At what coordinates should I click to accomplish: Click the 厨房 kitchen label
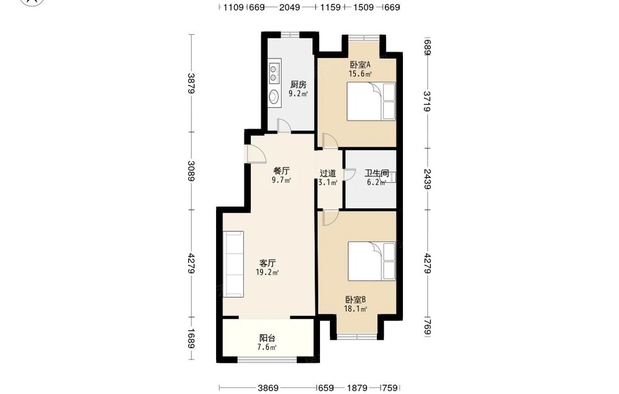[x=298, y=84]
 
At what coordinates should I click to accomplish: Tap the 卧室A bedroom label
[x=360, y=64]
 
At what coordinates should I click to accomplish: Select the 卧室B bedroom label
[x=355, y=300]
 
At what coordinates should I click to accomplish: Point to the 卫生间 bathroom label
[x=376, y=173]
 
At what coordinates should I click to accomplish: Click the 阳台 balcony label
[x=267, y=338]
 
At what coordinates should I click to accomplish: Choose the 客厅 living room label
[x=267, y=263]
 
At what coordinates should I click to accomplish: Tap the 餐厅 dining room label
[x=282, y=171]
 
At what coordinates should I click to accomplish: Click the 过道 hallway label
[x=327, y=173]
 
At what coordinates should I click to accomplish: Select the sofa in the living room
[x=233, y=264]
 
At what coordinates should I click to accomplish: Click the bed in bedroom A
[x=371, y=101]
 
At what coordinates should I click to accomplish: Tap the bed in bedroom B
[x=371, y=261]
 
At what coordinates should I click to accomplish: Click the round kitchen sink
[x=273, y=96]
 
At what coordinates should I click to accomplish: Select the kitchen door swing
[x=284, y=125]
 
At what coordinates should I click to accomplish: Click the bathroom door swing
[x=349, y=174]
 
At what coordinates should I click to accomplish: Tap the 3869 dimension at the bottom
[x=268, y=388]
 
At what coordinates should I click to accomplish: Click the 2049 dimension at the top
[x=289, y=7]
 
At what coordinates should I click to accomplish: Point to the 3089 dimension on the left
[x=191, y=171]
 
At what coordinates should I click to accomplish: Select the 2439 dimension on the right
[x=427, y=179]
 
